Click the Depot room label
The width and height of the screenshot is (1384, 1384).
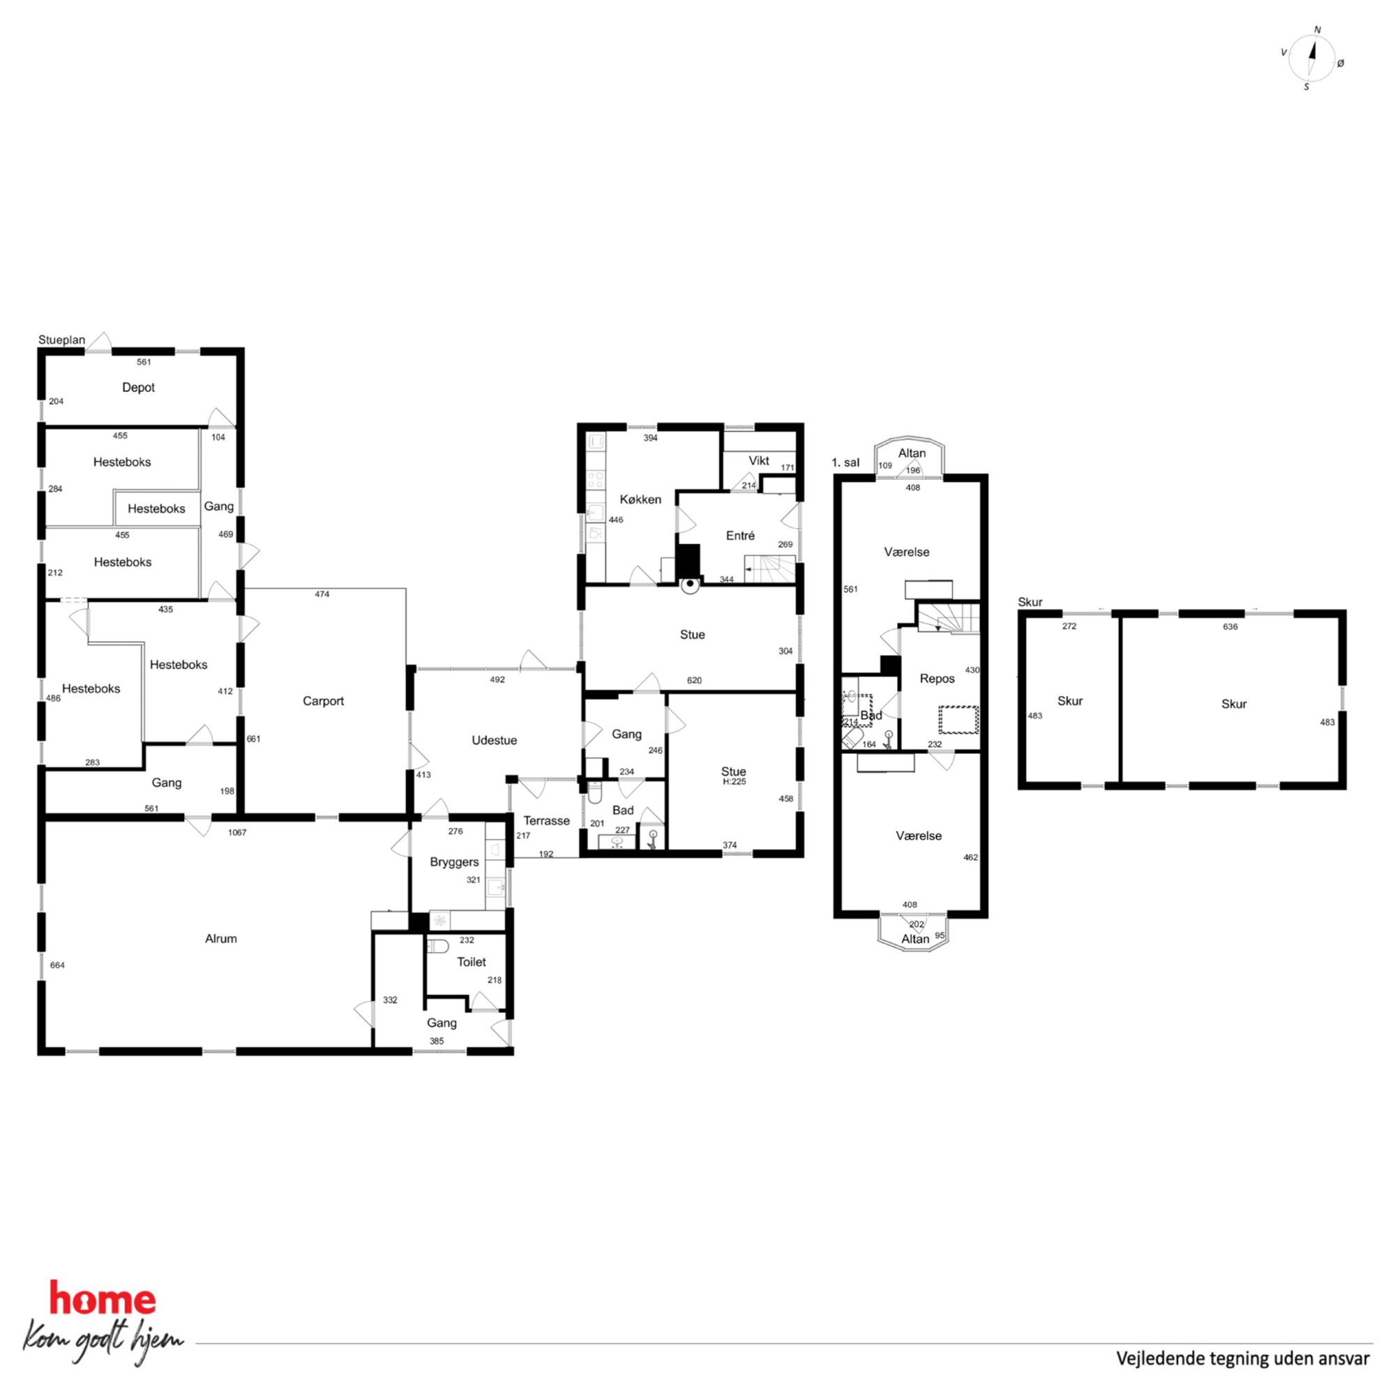(x=138, y=388)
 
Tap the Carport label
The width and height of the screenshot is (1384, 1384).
(x=323, y=701)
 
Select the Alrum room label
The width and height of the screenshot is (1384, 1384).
(x=220, y=939)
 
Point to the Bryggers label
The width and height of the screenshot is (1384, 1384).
(x=454, y=862)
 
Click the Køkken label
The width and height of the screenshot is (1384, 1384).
(x=640, y=499)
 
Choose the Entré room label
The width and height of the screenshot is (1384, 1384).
(x=740, y=536)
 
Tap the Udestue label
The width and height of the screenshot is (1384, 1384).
(x=495, y=741)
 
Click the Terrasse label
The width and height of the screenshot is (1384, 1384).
(x=547, y=821)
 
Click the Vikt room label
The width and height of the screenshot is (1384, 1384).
(x=759, y=460)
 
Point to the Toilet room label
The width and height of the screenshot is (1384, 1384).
(x=472, y=962)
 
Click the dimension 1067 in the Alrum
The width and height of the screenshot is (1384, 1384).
(x=237, y=832)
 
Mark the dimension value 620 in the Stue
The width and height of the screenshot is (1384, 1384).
(x=694, y=681)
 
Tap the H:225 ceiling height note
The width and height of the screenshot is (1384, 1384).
(x=735, y=781)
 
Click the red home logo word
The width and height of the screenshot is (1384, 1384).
(x=103, y=1300)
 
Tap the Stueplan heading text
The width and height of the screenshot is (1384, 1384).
(x=61, y=340)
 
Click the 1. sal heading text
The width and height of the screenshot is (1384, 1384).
(x=845, y=462)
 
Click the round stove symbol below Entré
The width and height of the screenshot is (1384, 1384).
(x=689, y=585)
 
